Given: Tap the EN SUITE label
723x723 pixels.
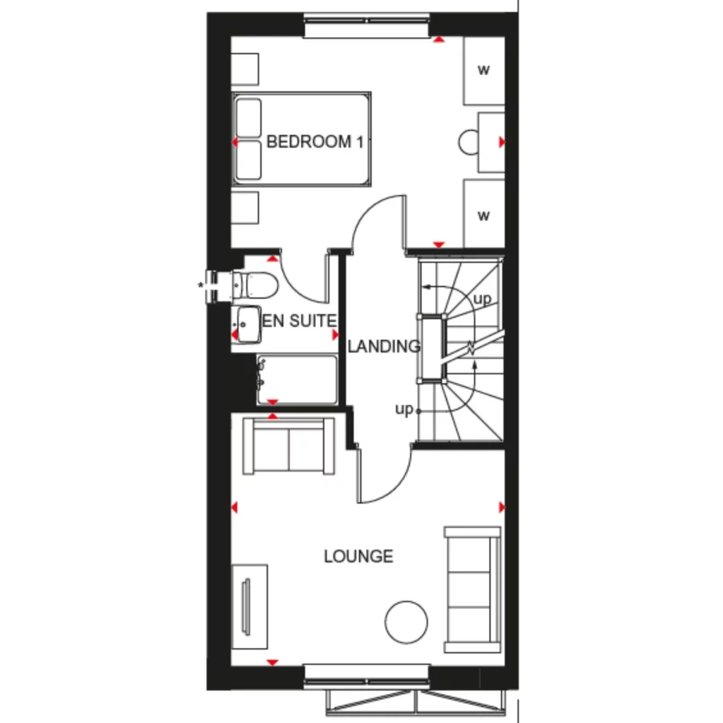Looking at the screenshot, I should point(300,321).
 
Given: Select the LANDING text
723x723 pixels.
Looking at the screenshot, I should point(384,347).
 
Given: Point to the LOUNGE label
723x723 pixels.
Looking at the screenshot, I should point(358,556).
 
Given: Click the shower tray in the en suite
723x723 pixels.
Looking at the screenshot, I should point(297,379).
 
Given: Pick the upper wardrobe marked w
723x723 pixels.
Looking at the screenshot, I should point(484,70).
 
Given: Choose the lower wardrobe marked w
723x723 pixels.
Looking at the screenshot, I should point(484,214).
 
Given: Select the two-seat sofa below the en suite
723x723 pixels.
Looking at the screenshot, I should point(289,446).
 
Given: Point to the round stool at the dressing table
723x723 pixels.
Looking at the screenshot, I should point(468,142).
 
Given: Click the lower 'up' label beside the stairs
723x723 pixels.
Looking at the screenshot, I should point(403,409).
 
